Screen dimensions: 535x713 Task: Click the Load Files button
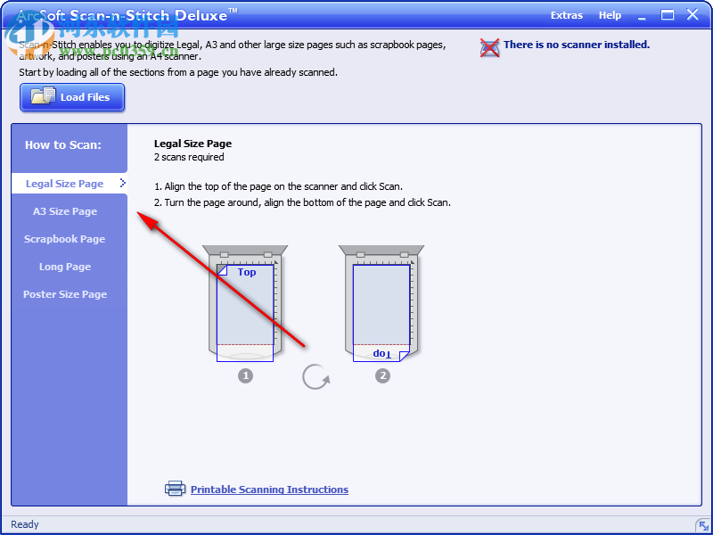(x=72, y=97)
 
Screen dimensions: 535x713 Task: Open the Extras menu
(x=567, y=15)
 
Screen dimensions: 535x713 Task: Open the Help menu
(x=610, y=15)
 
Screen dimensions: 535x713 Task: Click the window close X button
(x=692, y=15)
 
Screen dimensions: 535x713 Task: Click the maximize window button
(x=667, y=15)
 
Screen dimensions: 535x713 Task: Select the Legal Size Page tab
(x=65, y=184)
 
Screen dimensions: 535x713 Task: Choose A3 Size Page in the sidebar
(x=65, y=211)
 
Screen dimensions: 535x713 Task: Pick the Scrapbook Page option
(x=65, y=239)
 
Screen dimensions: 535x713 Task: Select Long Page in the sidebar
(x=65, y=267)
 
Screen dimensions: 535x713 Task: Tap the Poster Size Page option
(x=65, y=294)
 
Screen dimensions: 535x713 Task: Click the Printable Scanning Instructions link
(x=269, y=490)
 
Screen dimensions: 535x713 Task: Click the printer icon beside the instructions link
(x=175, y=489)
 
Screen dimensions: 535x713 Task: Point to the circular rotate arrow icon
(x=316, y=376)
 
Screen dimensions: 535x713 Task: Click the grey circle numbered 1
(x=245, y=375)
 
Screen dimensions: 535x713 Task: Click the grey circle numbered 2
(x=383, y=375)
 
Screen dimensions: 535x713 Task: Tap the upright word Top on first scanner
(x=247, y=272)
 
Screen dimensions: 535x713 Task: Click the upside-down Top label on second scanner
(x=381, y=353)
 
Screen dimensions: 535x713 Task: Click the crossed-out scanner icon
(x=489, y=47)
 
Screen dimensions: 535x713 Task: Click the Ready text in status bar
(x=25, y=524)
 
